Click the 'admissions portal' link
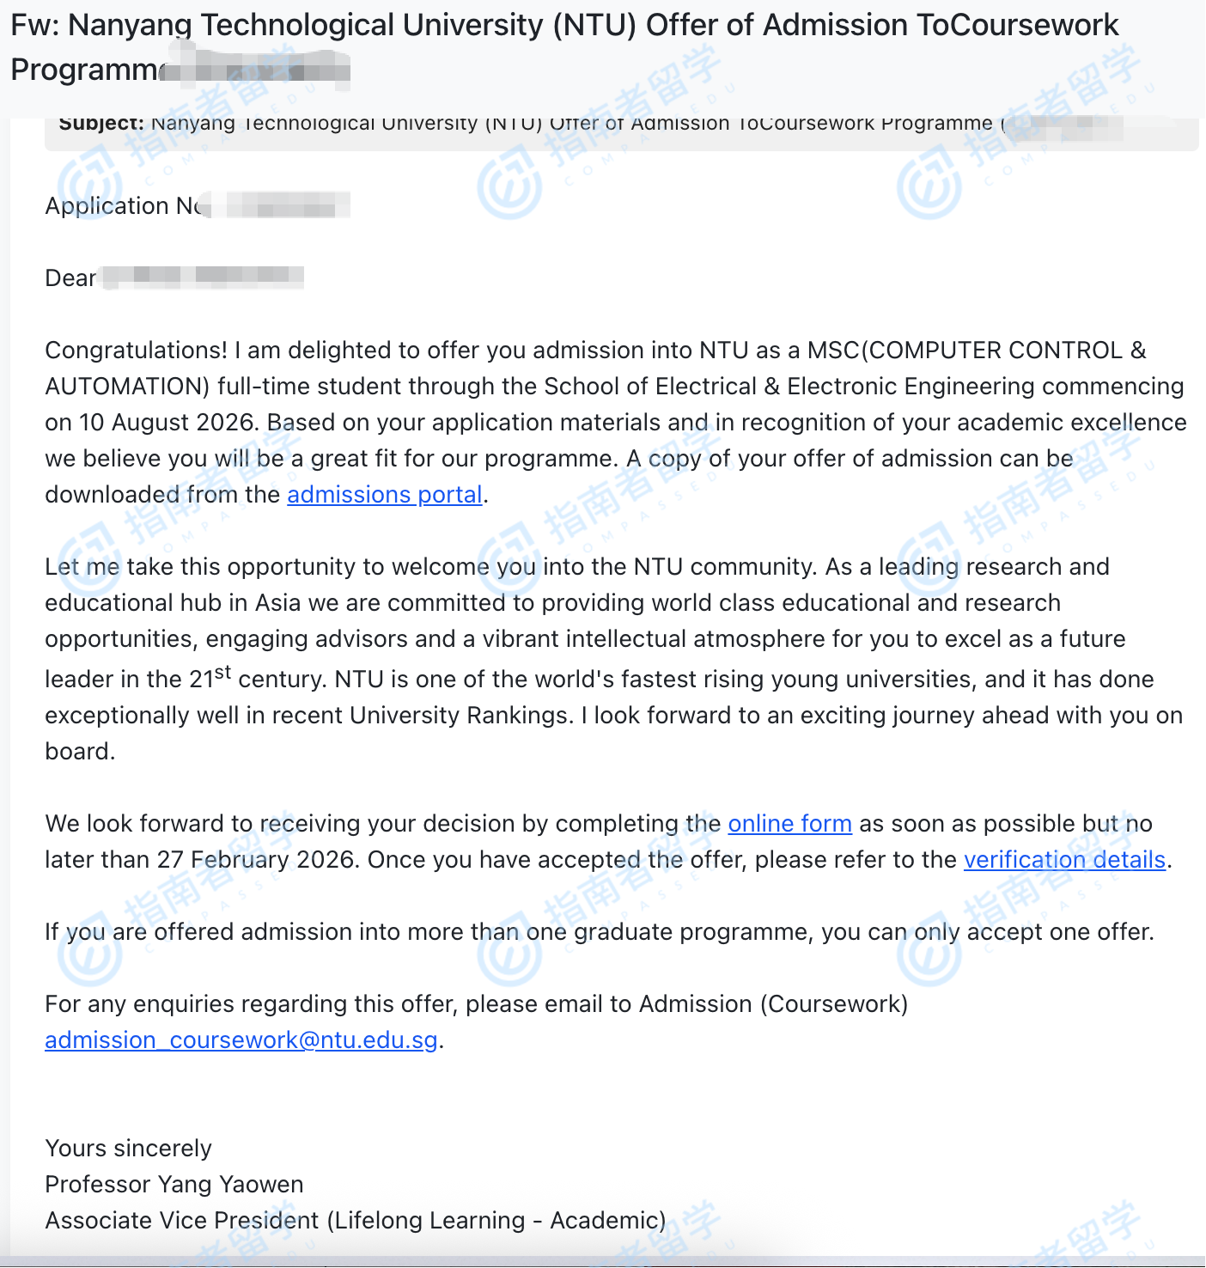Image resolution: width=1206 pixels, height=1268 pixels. [x=384, y=495]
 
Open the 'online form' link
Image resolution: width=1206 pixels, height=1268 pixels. [x=789, y=824]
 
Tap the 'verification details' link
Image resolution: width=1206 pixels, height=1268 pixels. [x=1064, y=860]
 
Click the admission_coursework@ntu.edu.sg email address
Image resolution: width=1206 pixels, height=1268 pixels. [x=241, y=1040]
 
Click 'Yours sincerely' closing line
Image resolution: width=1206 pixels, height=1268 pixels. [x=128, y=1149]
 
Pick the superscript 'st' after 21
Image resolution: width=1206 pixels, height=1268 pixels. [x=223, y=673]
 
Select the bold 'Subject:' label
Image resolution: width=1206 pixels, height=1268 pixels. [x=101, y=123]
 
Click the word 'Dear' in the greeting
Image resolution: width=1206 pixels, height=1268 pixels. [x=70, y=278]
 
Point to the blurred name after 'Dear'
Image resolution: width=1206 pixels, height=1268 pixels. [x=203, y=277]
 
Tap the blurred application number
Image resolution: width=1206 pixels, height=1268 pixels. [x=280, y=206]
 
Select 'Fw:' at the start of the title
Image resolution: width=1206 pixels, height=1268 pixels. [x=34, y=26]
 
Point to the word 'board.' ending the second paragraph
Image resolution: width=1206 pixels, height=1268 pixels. [x=80, y=752]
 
